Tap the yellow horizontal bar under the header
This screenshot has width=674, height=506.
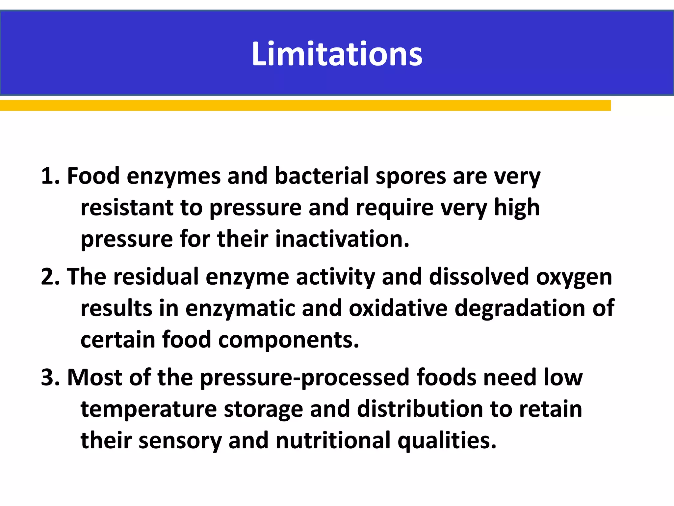tap(305, 105)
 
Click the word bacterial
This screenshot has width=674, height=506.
tap(321, 176)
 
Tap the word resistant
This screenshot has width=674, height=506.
tap(127, 208)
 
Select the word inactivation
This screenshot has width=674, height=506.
tap(342, 239)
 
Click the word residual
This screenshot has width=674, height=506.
tap(156, 277)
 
